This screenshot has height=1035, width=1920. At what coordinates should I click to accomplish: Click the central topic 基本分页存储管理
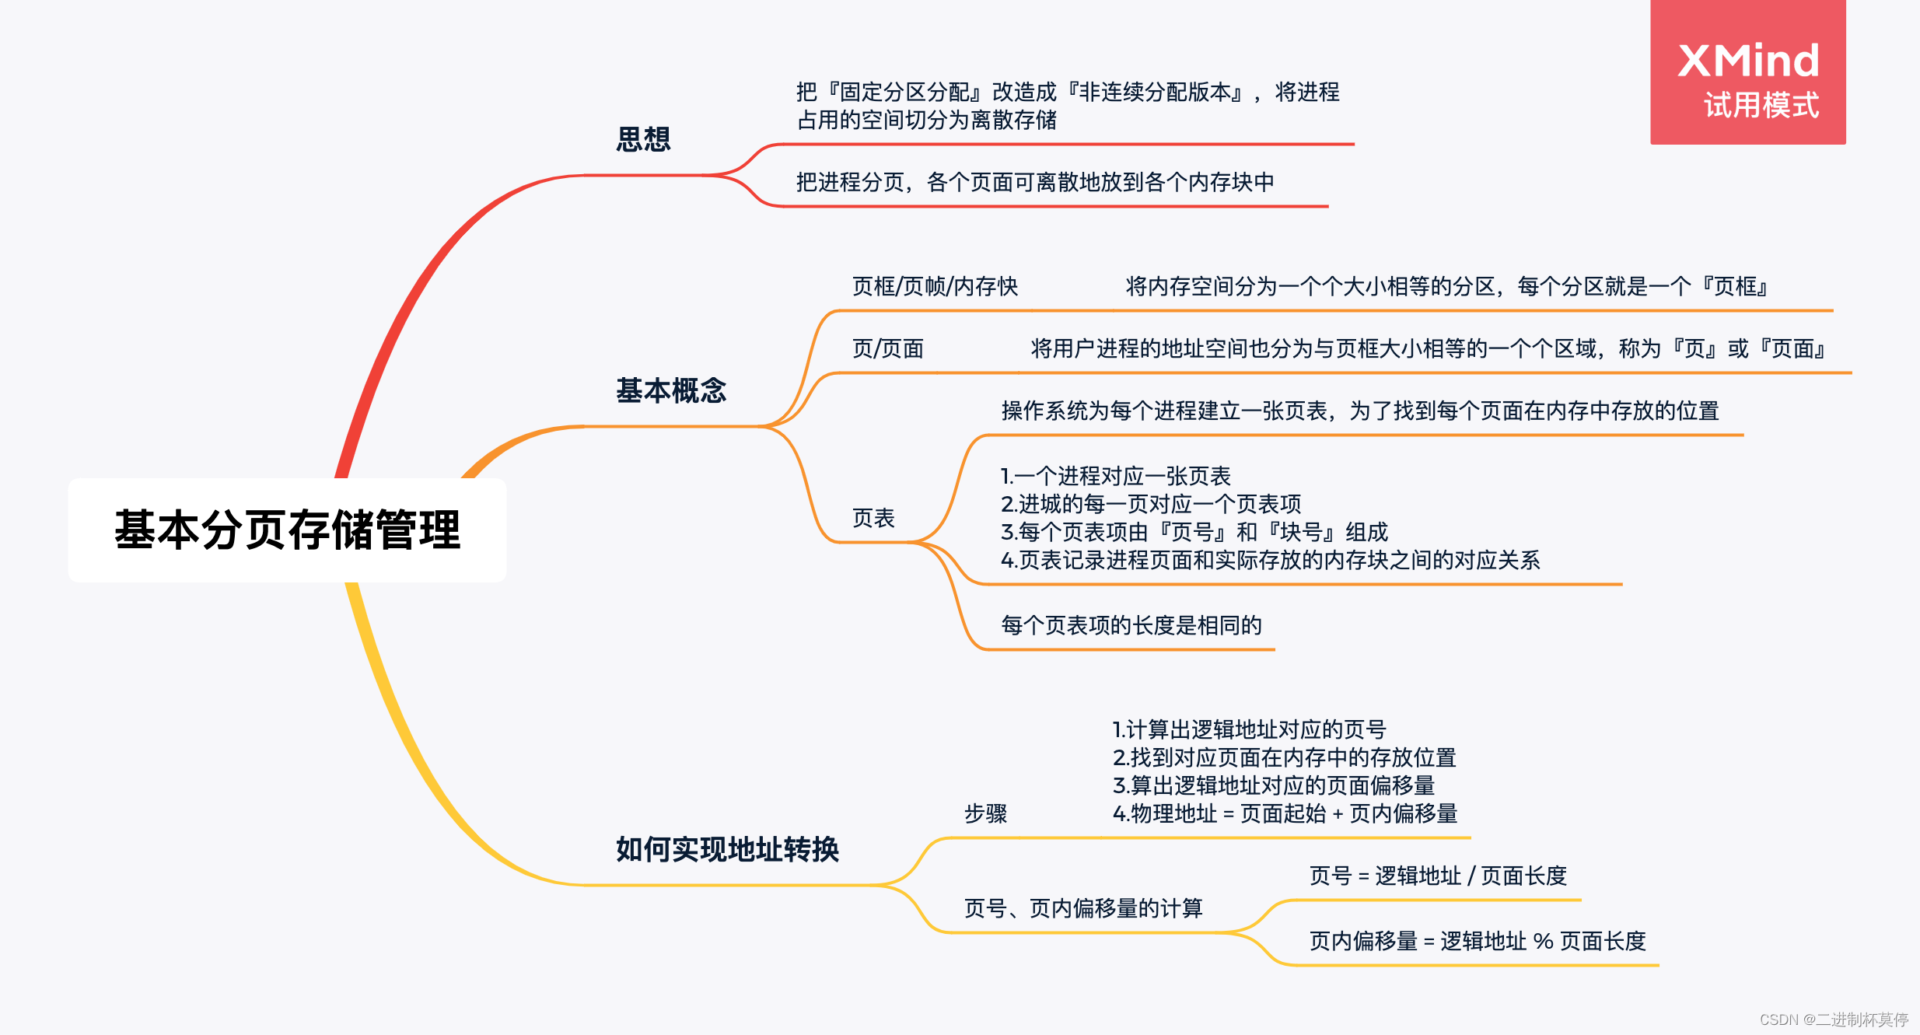point(287,530)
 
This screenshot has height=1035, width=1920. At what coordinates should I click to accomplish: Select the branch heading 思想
point(643,139)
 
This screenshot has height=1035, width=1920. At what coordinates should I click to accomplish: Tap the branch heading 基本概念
point(670,390)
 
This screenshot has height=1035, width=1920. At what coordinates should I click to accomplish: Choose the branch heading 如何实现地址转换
point(727,849)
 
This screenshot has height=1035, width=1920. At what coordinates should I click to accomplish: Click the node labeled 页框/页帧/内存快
point(935,287)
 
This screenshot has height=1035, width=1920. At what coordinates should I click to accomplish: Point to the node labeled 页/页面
point(887,349)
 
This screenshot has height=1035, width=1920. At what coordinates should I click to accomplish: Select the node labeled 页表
point(873,518)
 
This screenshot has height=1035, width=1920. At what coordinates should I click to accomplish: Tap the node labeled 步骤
point(985,813)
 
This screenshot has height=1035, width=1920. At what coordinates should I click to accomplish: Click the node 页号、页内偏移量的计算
point(1083,908)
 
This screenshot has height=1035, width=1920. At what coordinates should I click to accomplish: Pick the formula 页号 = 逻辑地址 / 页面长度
point(1437,876)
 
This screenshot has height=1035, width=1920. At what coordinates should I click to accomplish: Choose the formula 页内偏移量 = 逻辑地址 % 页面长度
point(1478,942)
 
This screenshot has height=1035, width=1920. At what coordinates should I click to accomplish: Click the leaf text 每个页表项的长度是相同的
point(1131,625)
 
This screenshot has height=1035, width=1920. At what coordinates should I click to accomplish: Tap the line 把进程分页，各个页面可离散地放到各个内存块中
point(1035,182)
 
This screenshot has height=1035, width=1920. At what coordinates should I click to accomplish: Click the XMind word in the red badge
point(1748,61)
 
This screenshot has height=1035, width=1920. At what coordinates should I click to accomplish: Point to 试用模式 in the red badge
point(1761,106)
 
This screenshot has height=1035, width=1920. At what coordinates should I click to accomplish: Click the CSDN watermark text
point(1833,1019)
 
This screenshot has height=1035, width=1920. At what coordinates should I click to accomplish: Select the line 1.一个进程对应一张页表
point(1115,476)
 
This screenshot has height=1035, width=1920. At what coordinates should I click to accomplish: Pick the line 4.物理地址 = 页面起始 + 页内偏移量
point(1285,814)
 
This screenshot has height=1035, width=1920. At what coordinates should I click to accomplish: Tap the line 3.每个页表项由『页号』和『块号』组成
point(1194,533)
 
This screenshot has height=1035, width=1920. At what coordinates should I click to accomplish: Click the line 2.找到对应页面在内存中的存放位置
point(1284,757)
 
